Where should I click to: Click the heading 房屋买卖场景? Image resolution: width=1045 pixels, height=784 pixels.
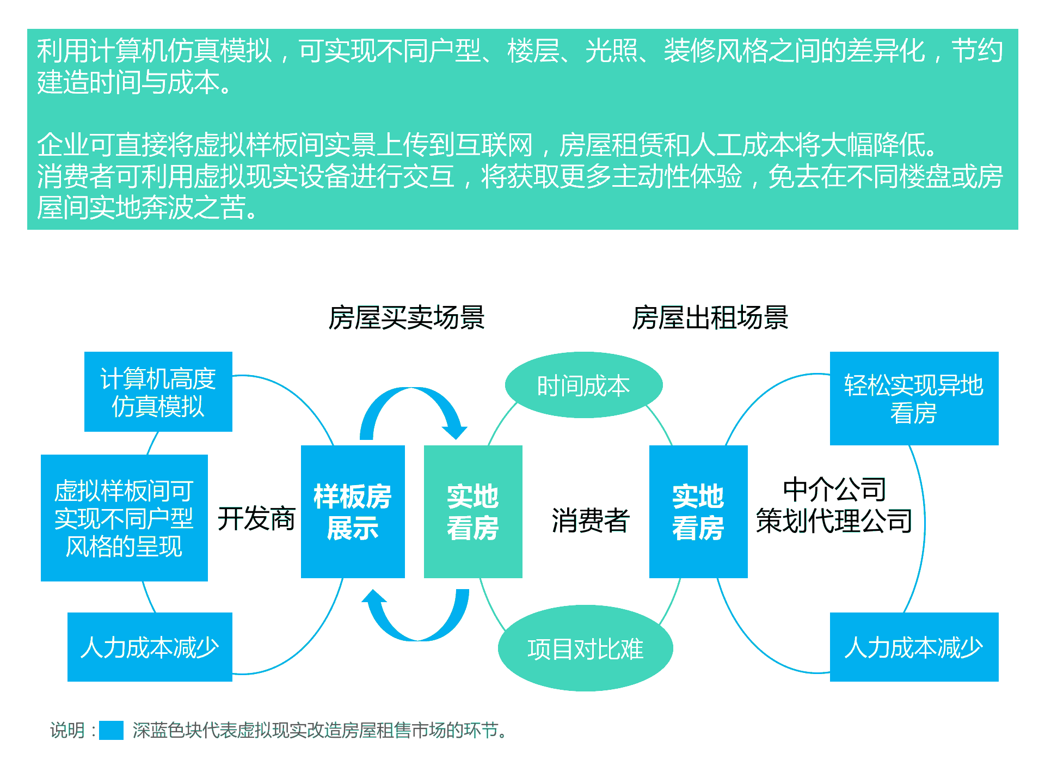406,317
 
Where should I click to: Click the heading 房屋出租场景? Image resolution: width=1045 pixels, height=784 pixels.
710,317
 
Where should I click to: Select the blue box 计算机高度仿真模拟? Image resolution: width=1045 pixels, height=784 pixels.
158,391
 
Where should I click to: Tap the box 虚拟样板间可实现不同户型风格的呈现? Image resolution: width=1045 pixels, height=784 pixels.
124,518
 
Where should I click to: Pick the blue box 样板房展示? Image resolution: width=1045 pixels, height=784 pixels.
353,511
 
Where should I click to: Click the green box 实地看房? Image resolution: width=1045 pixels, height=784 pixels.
473,511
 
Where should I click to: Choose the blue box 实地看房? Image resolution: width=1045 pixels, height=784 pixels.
698,511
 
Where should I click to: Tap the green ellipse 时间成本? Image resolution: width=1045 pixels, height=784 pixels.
583,385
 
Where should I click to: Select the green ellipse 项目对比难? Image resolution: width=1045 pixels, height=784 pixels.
585,648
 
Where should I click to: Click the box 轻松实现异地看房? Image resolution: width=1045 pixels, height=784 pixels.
914,399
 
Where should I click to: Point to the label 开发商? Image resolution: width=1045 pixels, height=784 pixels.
256,518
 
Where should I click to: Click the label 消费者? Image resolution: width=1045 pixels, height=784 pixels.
591,520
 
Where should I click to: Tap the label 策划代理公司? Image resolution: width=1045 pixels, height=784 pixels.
834,521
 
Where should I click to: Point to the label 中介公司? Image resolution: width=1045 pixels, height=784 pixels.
834,489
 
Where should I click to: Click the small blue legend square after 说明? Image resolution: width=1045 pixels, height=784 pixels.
111,730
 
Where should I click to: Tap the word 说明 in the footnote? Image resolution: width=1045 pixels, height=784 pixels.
67,730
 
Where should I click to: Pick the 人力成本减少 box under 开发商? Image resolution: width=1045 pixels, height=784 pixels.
150,647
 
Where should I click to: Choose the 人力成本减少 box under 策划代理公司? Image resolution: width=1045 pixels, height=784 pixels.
914,647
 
